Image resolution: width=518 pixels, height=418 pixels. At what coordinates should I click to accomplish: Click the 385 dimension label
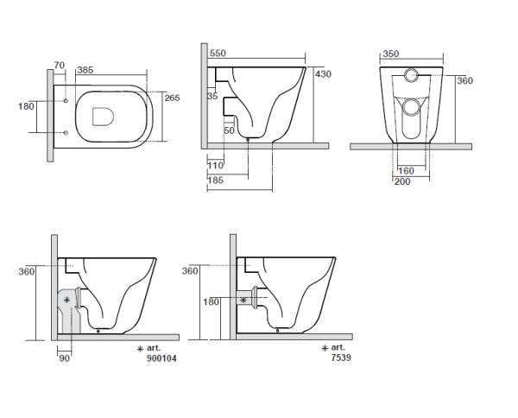tap(85, 70)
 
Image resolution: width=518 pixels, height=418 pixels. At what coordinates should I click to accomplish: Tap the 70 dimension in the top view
tap(59, 66)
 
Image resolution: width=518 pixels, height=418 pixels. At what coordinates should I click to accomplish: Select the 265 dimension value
tap(172, 98)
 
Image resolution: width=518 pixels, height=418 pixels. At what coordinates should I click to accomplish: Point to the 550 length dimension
tap(218, 54)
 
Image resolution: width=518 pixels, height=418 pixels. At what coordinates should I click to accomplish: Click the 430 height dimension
tap(323, 74)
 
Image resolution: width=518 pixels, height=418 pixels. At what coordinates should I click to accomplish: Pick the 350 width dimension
tap(391, 54)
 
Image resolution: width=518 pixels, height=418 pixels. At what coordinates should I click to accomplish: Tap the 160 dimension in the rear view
tap(406, 171)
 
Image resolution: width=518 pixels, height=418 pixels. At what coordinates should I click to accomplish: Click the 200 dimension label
tap(402, 181)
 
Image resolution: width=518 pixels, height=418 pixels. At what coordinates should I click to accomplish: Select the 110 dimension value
tap(215, 165)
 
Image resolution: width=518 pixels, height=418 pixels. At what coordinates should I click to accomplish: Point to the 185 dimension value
tap(215, 180)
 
